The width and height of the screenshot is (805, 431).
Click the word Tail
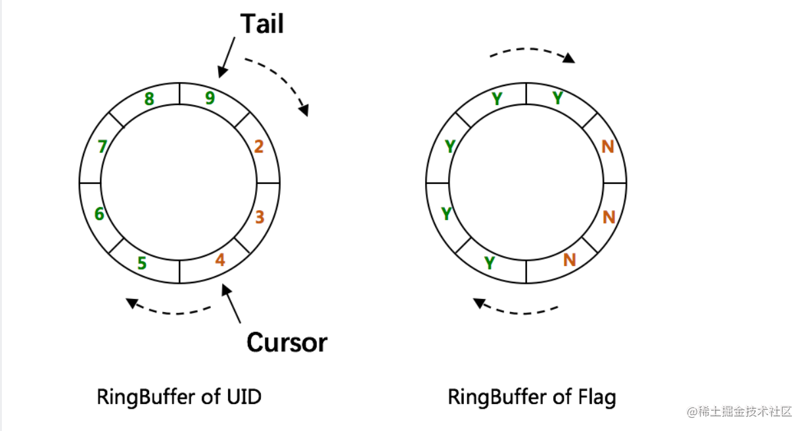click(x=262, y=24)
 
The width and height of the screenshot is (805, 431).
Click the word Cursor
click(x=287, y=342)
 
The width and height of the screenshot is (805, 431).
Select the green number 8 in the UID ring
click(x=149, y=99)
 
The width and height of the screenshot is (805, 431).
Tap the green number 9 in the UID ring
click(x=210, y=98)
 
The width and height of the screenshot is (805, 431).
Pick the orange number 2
click(x=259, y=147)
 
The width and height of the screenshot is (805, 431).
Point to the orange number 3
click(x=260, y=217)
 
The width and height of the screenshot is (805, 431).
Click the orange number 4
click(x=220, y=260)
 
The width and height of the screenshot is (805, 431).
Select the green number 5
click(x=143, y=263)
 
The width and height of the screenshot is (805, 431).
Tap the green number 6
click(x=99, y=214)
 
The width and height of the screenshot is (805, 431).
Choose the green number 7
click(x=103, y=147)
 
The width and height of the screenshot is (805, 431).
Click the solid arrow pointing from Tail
click(x=227, y=57)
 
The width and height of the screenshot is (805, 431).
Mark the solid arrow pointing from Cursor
click(x=231, y=304)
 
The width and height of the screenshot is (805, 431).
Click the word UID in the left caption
click(x=244, y=397)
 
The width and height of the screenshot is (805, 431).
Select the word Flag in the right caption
click(x=597, y=398)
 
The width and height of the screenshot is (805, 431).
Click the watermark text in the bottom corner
click(x=739, y=411)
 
